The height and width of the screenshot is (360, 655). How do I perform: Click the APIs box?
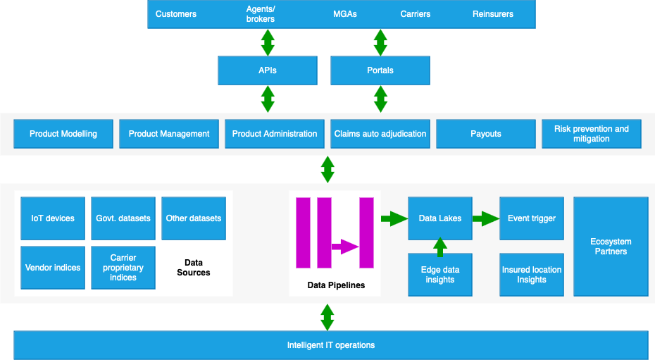(268, 70)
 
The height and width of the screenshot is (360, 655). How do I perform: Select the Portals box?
(380, 70)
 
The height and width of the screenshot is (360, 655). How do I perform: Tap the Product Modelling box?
(63, 134)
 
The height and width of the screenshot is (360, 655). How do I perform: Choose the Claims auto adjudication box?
(380, 134)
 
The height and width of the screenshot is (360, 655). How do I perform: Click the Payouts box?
(486, 134)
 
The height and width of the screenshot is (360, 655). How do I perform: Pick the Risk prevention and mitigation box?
(592, 134)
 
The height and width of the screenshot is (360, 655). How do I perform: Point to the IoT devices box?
(53, 218)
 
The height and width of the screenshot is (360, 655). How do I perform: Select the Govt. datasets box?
(123, 218)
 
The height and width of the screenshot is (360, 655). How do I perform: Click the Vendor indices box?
(53, 268)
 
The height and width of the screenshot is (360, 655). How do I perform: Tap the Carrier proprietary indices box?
(123, 268)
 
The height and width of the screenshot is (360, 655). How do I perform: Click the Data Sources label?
(194, 268)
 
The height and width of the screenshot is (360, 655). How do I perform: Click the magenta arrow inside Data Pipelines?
(345, 247)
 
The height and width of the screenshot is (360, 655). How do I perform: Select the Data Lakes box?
(440, 218)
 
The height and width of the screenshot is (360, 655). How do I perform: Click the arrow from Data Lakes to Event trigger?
(485, 218)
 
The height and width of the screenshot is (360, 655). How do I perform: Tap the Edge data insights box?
(440, 275)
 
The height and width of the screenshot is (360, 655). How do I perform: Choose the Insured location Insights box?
(532, 275)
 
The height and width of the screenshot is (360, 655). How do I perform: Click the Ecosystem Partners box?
(611, 247)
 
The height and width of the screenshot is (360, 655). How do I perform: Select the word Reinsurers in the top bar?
(493, 14)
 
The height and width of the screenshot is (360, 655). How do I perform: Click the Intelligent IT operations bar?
(331, 345)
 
